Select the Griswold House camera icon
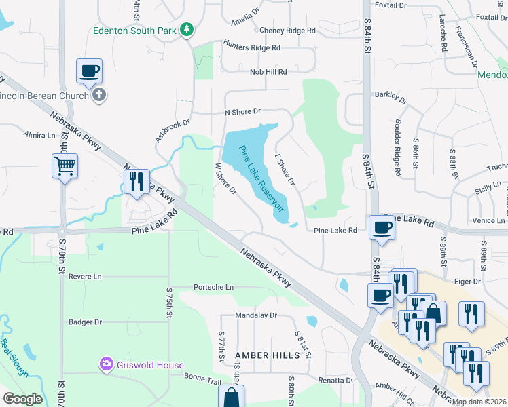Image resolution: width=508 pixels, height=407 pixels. pos(105,365)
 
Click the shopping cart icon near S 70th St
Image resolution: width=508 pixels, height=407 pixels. pos(65,165)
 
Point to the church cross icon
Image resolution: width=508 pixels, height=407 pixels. pos(99,95)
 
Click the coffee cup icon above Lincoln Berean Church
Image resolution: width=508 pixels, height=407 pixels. pos(89,71)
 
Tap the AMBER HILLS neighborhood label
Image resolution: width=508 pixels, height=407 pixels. pos(267,355)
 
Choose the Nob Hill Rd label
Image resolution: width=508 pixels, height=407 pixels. pos(268,71)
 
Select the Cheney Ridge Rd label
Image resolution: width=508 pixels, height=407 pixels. pos(288,31)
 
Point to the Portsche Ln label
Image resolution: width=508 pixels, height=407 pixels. pos(213,287)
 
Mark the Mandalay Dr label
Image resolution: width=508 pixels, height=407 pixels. pos(256,315)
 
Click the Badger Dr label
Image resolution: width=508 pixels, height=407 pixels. pos(85,322)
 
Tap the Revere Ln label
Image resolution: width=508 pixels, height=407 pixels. pos(84,277)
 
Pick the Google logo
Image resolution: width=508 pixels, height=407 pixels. pos(23,399)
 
